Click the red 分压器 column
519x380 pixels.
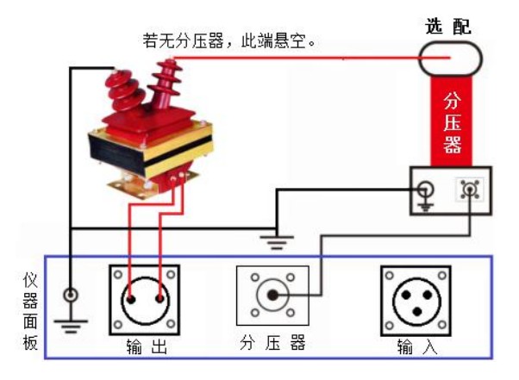pos(453,121)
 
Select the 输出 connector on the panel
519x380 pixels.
pos(144,299)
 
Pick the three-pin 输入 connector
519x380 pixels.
pos(416,299)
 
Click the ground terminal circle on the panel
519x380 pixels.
pos(71,296)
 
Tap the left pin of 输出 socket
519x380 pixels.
pos(131,300)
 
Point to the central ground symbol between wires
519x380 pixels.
pos(275,240)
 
